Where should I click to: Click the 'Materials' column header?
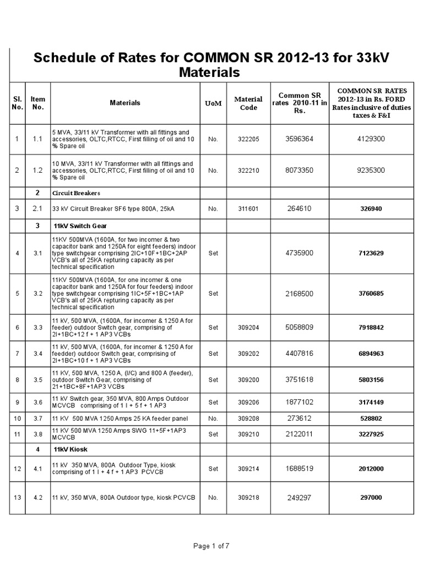point(125,103)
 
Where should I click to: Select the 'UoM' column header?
point(213,103)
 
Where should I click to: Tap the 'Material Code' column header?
point(248,103)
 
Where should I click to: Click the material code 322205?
point(248,139)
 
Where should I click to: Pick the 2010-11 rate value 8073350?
point(299,170)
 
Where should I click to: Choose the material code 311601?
point(248,209)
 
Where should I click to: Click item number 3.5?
point(38,379)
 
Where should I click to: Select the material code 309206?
point(248,402)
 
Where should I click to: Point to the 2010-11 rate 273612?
point(299,418)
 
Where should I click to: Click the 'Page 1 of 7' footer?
point(211,546)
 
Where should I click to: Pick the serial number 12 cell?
point(17,469)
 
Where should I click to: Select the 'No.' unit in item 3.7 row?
point(213,418)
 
